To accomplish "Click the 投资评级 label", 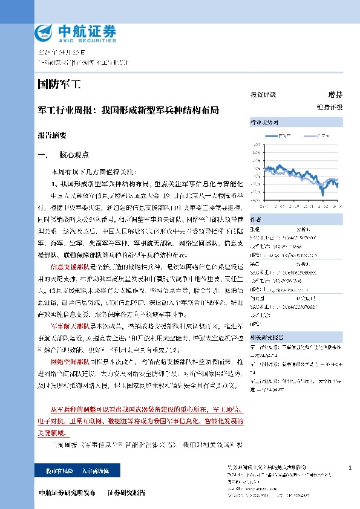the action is [x=263, y=95].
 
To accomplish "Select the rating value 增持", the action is [x=335, y=95].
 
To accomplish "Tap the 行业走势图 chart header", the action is [x=263, y=123].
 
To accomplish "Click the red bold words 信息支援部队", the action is [x=68, y=266].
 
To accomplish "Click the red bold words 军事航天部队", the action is [x=68, y=325].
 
